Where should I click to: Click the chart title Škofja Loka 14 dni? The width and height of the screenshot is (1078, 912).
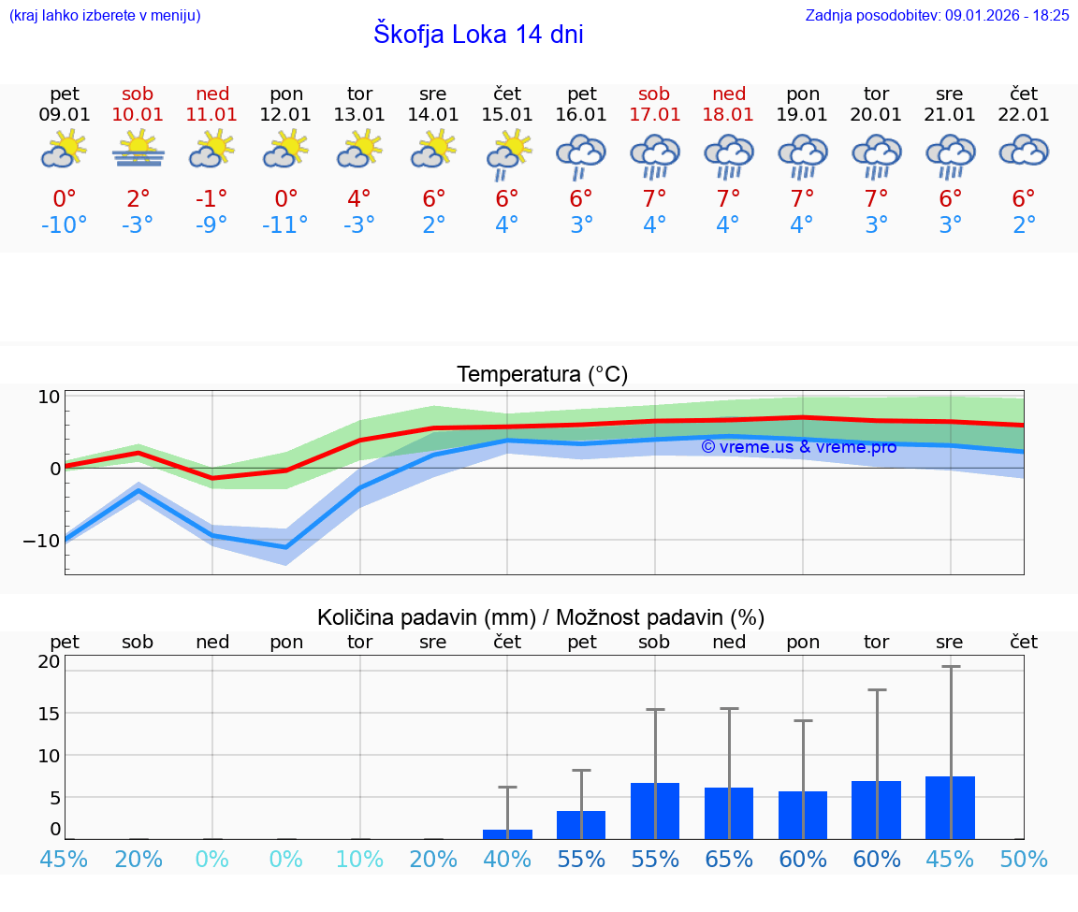[478, 35]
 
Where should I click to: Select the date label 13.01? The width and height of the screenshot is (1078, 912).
[359, 115]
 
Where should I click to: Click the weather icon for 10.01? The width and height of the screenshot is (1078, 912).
[138, 150]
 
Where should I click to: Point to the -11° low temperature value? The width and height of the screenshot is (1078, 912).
[285, 225]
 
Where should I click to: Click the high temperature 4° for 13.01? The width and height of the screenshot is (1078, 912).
[359, 198]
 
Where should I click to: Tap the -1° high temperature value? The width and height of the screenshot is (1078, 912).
[211, 198]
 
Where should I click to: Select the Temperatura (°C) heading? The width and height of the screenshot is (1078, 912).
[542, 375]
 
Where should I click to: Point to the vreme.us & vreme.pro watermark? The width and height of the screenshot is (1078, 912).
[798, 447]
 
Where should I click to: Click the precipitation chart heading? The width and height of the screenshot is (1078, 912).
[541, 617]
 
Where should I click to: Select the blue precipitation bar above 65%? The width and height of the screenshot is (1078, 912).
[729, 813]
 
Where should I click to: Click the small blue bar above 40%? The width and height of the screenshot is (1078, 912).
[507, 833]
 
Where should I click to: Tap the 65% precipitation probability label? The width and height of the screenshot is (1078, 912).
[729, 859]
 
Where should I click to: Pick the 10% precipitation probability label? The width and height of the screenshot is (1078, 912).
[359, 859]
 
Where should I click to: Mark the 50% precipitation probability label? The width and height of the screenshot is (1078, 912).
[1024, 859]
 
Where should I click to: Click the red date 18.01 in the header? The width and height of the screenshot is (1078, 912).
[729, 115]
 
